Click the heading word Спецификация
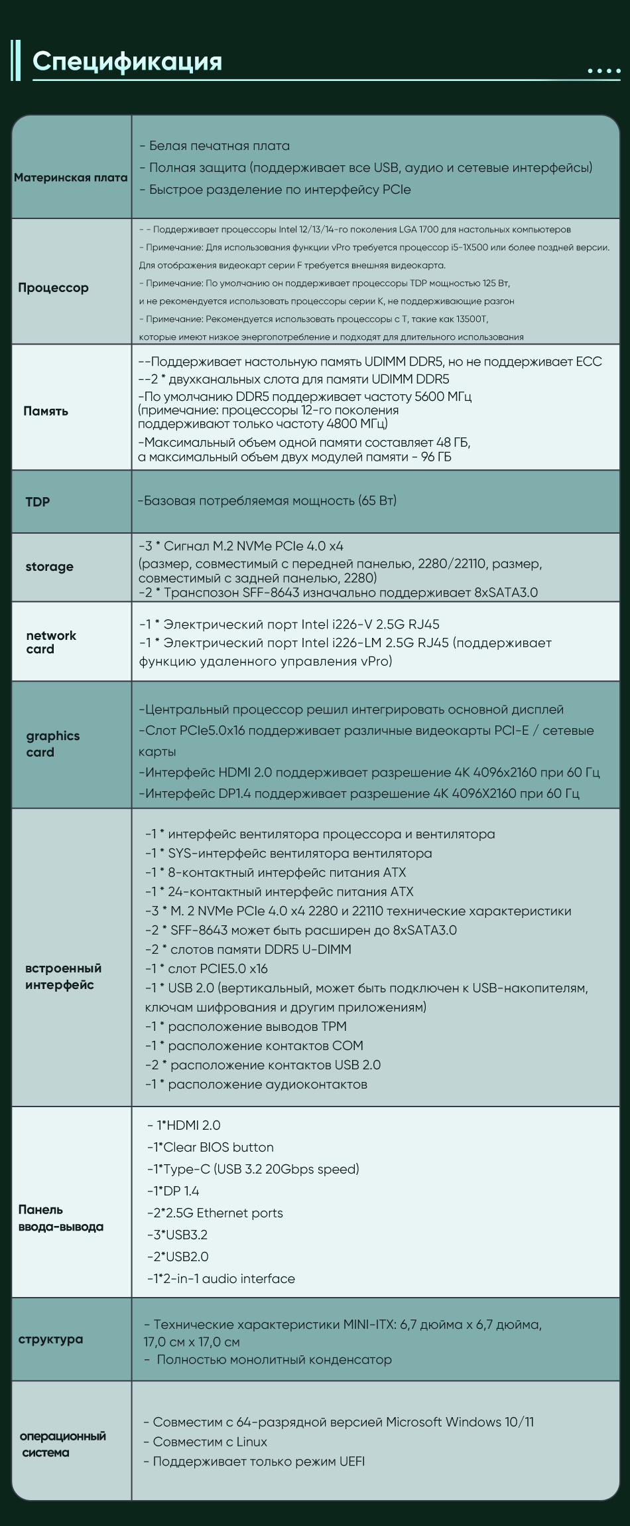[x=127, y=61]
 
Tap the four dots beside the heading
[x=603, y=71]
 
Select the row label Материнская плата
[x=71, y=177]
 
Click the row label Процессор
[x=53, y=287]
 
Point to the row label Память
[x=46, y=411]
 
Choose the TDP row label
[x=38, y=502]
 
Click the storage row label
[x=49, y=566]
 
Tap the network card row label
[x=51, y=642]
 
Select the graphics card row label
[x=53, y=743]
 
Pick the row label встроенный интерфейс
[x=64, y=976]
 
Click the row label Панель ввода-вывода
[x=61, y=1218]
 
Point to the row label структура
[x=51, y=1339]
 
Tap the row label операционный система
[x=63, y=1444]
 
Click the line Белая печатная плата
[x=215, y=145]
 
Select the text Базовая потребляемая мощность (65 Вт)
[x=267, y=500]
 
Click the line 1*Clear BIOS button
[x=210, y=1147]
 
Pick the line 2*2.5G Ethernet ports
[x=215, y=1213]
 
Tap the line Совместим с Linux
[x=206, y=1441]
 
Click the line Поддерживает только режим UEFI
[x=254, y=1461]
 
